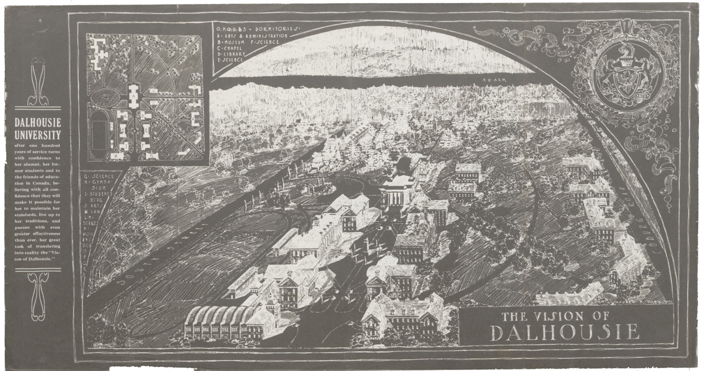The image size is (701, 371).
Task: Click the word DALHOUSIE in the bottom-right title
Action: coord(565,332)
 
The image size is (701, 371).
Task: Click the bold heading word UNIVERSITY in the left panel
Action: coord(38,135)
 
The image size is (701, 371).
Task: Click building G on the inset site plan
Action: coord(152,155)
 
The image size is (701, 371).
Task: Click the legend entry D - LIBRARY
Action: coord(232,54)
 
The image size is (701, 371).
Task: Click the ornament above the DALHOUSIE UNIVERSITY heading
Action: coord(38,82)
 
